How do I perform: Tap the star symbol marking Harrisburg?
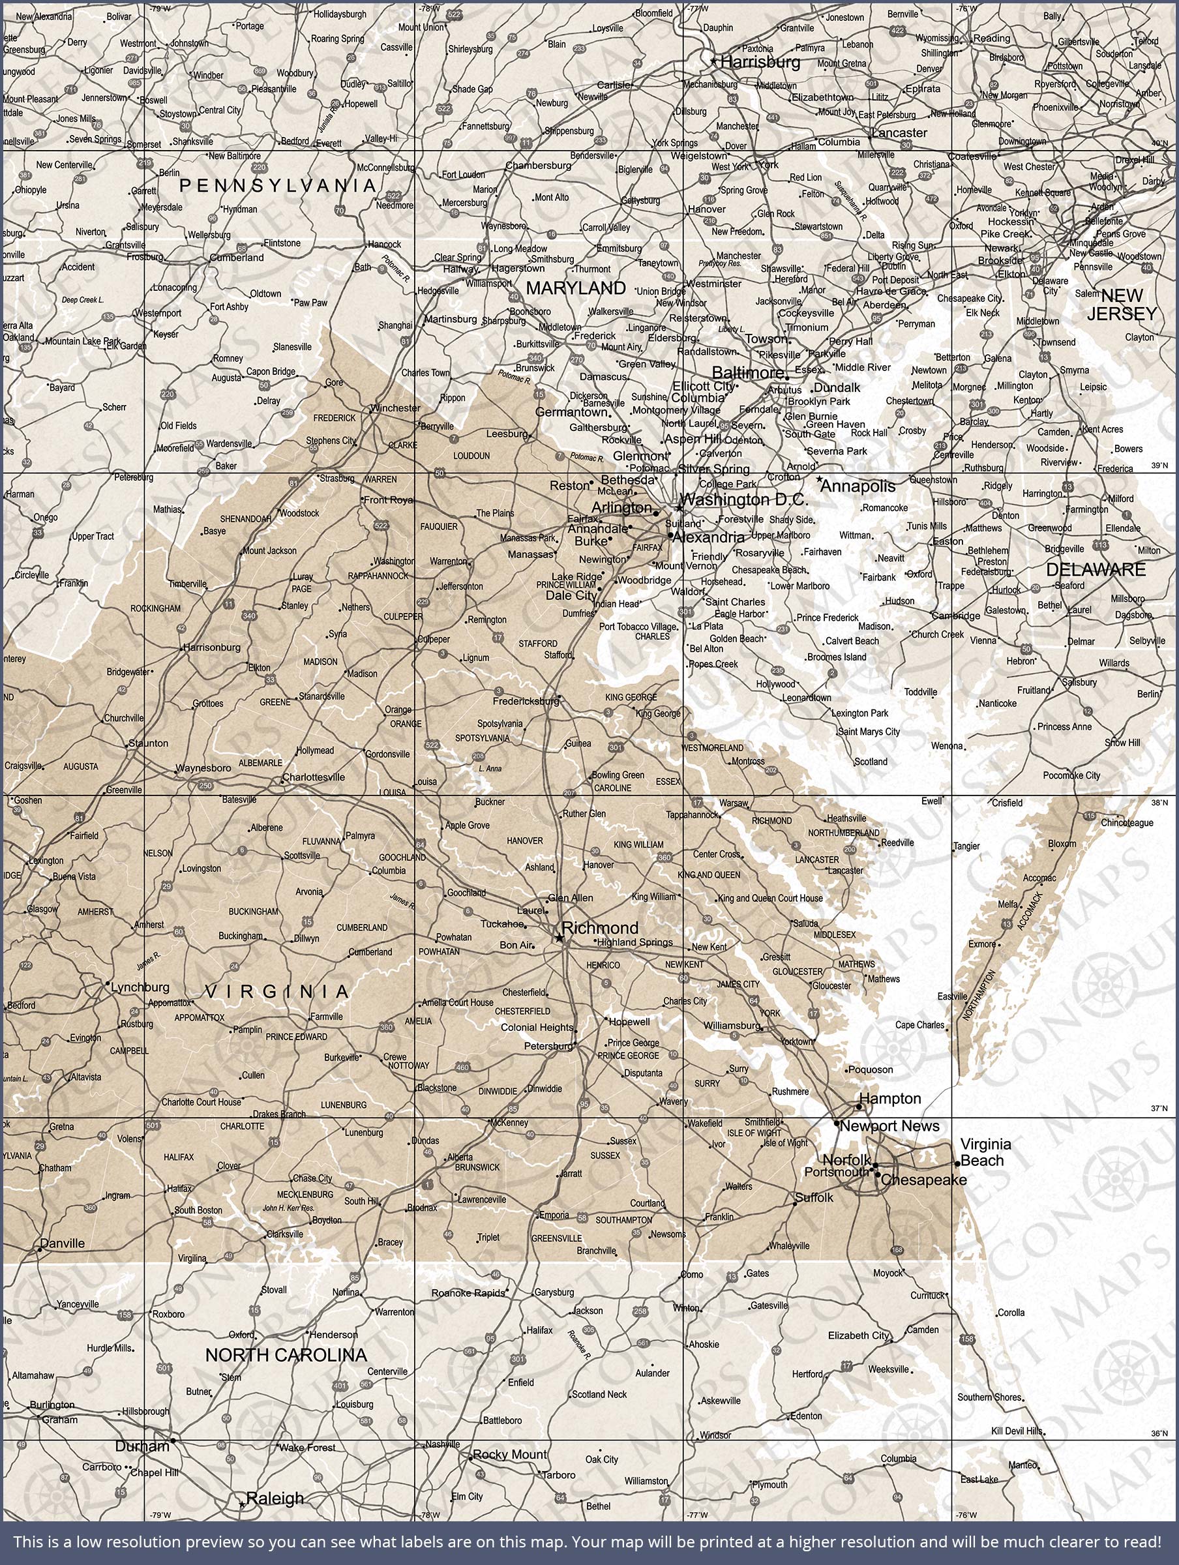click(713, 61)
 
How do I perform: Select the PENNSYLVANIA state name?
click(277, 185)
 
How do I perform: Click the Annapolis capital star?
click(819, 480)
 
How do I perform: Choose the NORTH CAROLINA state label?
click(286, 1355)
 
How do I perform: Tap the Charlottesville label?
click(314, 777)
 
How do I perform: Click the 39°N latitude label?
click(1160, 466)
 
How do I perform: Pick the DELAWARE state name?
click(1096, 569)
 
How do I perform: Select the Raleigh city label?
click(275, 1498)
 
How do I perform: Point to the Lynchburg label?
click(140, 987)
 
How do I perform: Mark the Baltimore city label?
click(747, 372)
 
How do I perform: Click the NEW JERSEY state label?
click(1122, 305)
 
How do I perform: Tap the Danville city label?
click(63, 1243)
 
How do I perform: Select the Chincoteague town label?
click(1127, 823)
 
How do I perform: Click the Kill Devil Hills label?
click(1017, 1431)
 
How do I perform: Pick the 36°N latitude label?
click(1159, 1433)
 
